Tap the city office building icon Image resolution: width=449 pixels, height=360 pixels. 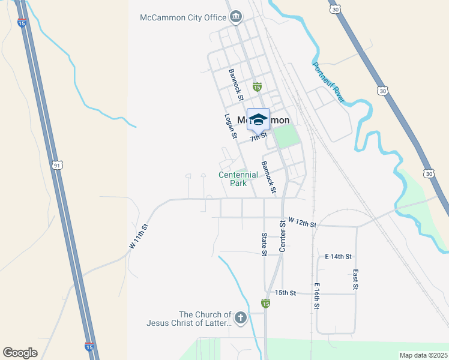[x=236, y=16]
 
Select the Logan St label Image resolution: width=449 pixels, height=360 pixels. [x=230, y=127]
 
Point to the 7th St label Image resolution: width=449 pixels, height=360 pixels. [x=259, y=137]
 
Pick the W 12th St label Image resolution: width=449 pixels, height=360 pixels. [x=302, y=223]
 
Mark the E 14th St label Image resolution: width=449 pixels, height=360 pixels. [x=337, y=256]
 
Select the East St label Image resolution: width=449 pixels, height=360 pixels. [x=355, y=280]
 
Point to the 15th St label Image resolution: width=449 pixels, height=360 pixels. [x=286, y=293]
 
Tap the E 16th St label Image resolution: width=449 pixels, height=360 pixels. [x=316, y=296]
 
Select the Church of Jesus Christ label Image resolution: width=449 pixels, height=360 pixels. [x=188, y=319]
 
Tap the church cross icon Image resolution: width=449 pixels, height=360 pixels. [x=240, y=318]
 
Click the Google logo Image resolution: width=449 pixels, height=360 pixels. [x=20, y=353]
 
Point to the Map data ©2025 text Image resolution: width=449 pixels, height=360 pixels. [x=423, y=355]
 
